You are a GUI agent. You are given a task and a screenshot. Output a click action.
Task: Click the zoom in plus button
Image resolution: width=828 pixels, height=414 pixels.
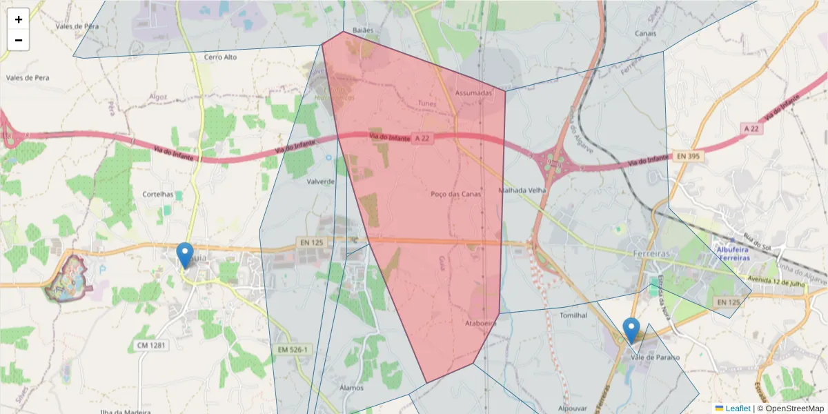19,19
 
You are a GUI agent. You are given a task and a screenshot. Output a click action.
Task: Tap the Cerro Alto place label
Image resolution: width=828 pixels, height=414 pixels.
220,57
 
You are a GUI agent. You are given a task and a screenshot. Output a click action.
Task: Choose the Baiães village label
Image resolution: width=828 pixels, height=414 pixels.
362,30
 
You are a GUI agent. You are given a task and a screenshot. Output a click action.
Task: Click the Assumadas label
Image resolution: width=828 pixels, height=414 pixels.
474,92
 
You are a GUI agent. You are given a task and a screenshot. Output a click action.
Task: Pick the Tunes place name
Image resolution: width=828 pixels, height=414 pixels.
428,103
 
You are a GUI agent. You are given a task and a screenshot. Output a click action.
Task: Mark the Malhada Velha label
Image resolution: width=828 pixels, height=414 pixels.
522,190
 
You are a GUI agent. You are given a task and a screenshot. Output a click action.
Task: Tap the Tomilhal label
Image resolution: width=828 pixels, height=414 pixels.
573,315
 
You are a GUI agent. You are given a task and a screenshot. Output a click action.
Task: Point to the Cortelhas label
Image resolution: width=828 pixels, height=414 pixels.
157,195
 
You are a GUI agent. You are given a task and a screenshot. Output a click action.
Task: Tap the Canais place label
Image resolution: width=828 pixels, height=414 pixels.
644,33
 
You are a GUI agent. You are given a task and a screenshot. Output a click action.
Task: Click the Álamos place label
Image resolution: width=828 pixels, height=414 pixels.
351,388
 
